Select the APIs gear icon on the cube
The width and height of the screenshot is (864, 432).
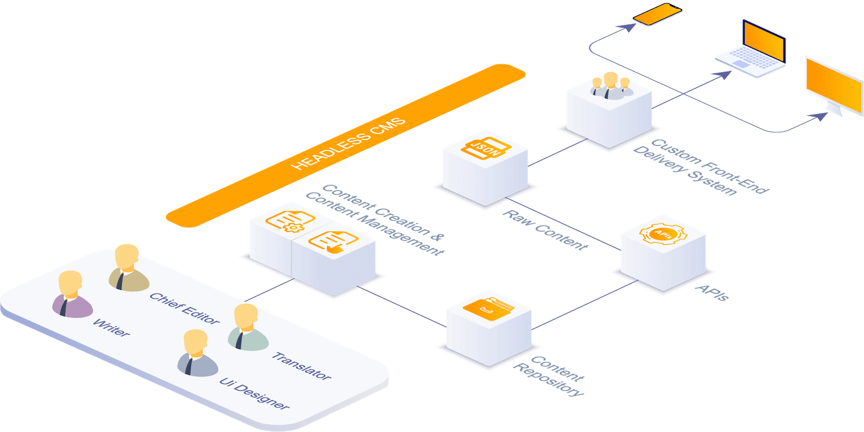(x=663, y=234)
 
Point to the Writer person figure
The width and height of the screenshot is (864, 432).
(x=72, y=295)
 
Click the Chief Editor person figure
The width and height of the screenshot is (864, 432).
(x=128, y=268)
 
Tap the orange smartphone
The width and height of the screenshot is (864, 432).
(x=657, y=14)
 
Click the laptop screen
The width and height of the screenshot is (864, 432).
(x=764, y=42)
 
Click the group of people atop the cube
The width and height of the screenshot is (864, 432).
(x=610, y=86)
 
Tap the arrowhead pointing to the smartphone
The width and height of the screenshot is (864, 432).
(x=628, y=27)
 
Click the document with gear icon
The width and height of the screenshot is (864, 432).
(x=290, y=221)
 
